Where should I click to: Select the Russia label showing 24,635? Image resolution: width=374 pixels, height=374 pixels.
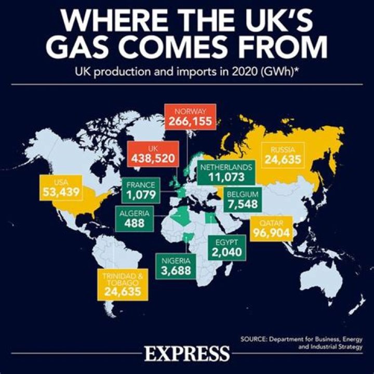click(x=286, y=155)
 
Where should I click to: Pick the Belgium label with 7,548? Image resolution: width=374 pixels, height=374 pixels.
click(x=242, y=199)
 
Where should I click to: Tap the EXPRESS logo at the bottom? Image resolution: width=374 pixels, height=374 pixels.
click(x=187, y=354)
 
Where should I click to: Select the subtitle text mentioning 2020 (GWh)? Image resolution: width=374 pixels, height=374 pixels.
click(x=187, y=72)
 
